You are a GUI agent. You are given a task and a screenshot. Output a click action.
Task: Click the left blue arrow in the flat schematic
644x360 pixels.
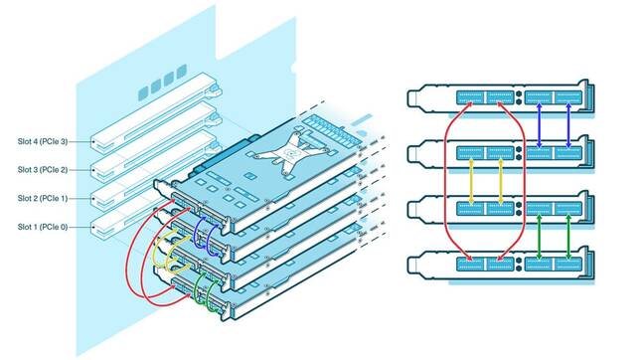(539, 125)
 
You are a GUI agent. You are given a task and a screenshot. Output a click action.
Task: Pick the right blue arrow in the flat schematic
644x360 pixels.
(567, 125)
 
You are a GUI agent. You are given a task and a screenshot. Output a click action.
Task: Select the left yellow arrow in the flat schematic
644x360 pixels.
(470, 181)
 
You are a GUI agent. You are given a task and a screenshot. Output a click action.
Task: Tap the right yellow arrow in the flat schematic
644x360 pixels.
(499, 181)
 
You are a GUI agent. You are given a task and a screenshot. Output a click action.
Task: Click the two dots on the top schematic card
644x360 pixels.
(520, 97)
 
